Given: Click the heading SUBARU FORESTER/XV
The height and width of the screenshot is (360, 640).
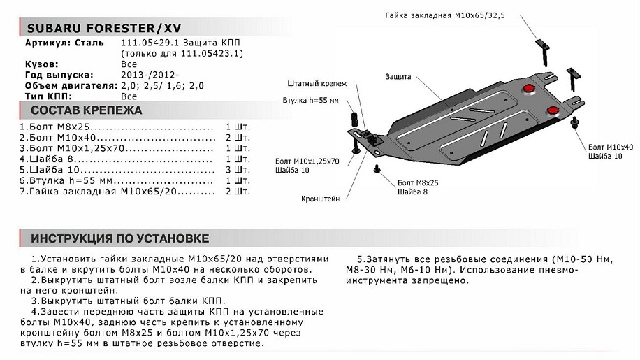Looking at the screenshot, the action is [104, 28].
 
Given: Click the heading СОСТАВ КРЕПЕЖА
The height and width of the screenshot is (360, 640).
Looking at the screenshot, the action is [87, 110].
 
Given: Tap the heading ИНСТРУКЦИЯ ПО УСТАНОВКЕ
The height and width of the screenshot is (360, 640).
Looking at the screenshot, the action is [120, 238].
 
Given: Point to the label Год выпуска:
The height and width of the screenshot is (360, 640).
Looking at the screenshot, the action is [59, 75].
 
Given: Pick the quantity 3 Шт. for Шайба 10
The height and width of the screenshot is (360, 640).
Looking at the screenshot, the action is [238, 170].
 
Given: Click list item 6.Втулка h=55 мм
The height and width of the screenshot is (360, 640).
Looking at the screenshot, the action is [66, 181].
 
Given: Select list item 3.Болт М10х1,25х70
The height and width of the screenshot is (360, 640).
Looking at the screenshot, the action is [72, 148].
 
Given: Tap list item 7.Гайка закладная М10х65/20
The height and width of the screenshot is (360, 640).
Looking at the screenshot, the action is [99, 192].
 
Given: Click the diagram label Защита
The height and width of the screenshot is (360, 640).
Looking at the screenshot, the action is [398, 77].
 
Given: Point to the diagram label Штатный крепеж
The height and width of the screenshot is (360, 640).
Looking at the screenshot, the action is [317, 84].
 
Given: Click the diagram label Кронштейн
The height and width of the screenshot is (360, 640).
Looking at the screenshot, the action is [321, 199].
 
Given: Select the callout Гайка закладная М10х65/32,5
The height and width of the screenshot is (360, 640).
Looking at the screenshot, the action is [445, 15].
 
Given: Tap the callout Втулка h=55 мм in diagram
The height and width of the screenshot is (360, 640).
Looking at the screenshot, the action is [311, 101].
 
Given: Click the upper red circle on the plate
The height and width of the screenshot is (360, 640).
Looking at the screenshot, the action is [529, 89].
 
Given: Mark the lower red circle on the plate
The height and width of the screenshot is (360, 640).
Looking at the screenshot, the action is [553, 110].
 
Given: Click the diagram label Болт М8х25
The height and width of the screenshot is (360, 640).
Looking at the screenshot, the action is [418, 183].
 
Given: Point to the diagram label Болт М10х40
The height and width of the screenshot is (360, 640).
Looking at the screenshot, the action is [611, 147].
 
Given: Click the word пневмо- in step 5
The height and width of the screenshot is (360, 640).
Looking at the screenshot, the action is [557, 271].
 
